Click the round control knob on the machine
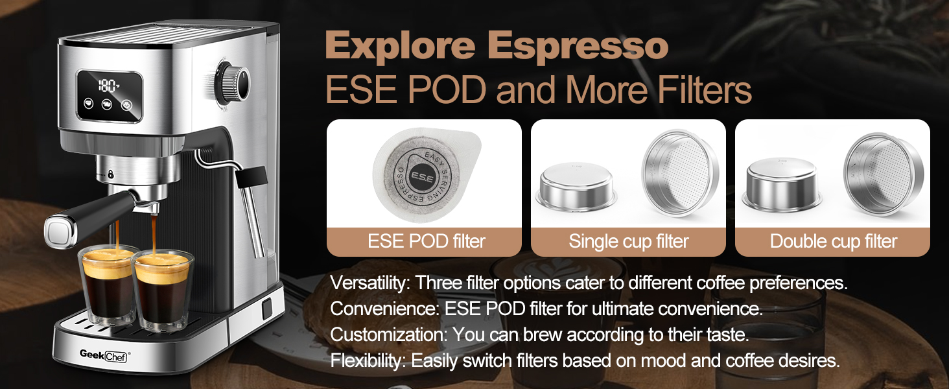pyautogui.click(x=233, y=82)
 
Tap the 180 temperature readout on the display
pyautogui.click(x=108, y=86)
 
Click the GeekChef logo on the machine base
pyautogui.click(x=104, y=355)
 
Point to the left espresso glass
pyautogui.click(x=108, y=285)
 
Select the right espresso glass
pyautogui.click(x=162, y=290)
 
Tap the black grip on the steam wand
pyautogui.click(x=252, y=176)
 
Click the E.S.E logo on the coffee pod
pyautogui.click(x=422, y=177)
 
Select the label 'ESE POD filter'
pyautogui.click(x=426, y=242)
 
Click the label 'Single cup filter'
pyautogui.click(x=629, y=242)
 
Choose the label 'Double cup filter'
pyautogui.click(x=834, y=242)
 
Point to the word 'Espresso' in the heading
pyautogui.click(x=578, y=46)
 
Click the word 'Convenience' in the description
pyautogui.click(x=384, y=309)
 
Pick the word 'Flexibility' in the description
pyautogui.click(x=368, y=361)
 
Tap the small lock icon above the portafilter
pyautogui.click(x=111, y=174)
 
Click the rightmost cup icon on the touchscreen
pyautogui.click(x=126, y=104)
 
